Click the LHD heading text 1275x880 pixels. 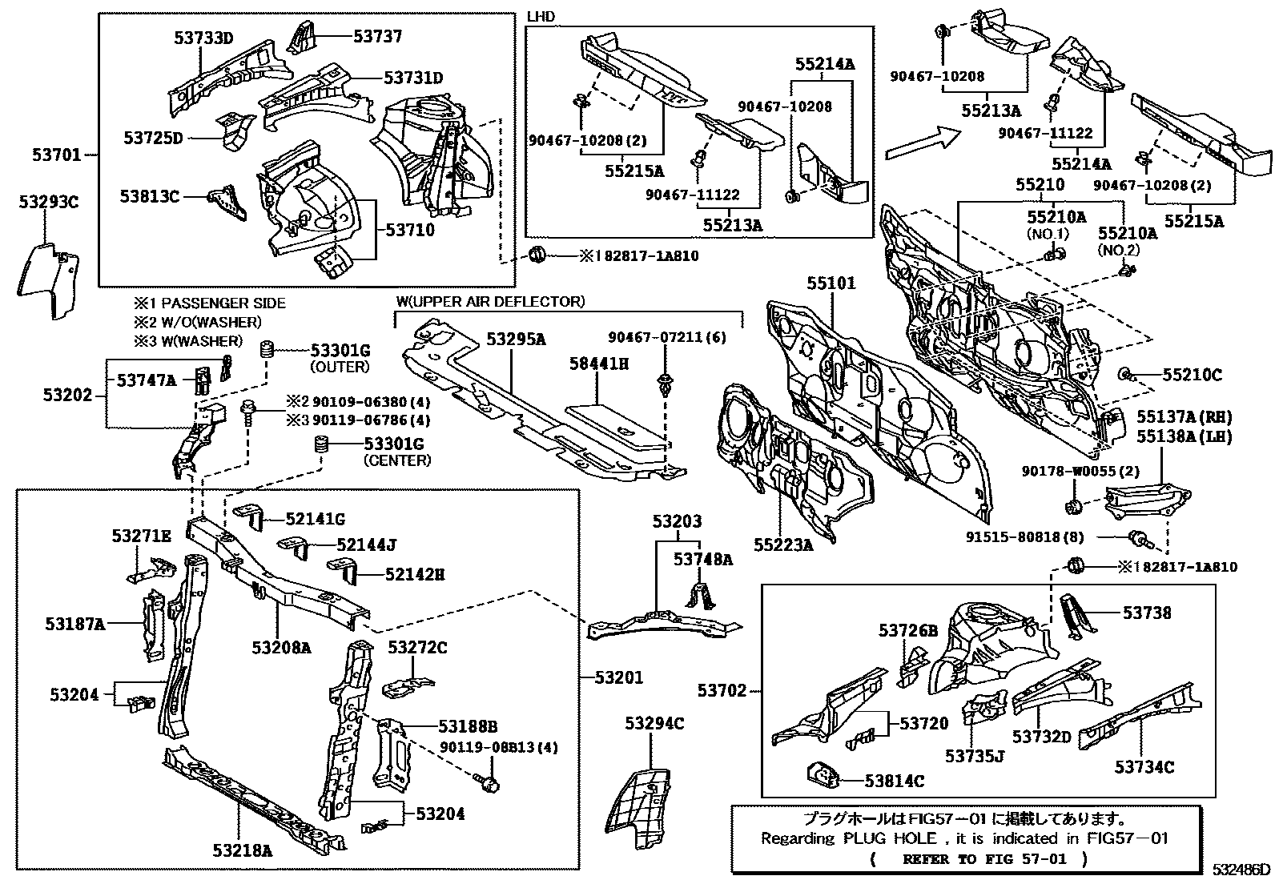point(541,17)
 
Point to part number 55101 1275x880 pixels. point(831,283)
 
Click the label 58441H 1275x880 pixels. point(598,364)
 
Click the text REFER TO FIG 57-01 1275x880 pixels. point(972,860)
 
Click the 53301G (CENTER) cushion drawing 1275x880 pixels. point(323,446)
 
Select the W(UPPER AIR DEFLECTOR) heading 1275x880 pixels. point(490,301)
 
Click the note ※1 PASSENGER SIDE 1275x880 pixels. point(210,303)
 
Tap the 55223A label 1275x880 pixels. point(782,545)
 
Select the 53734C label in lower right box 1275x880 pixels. point(1144,767)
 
